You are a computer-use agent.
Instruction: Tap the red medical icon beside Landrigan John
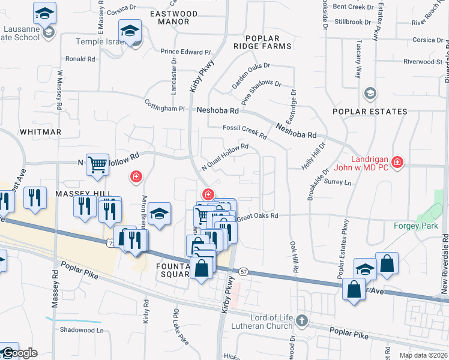[397, 161]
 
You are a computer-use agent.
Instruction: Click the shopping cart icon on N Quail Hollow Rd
[97, 164]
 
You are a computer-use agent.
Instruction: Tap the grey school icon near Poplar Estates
[370, 93]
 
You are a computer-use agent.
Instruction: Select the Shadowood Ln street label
[82, 330]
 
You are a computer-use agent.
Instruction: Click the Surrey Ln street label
[337, 182]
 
